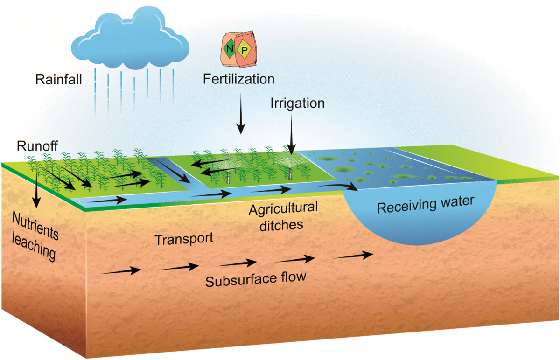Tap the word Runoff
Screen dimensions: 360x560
pos(37,146)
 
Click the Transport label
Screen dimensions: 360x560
pos(184,239)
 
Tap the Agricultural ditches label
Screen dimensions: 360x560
pos(283,216)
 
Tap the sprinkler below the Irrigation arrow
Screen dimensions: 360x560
pos(290,170)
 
